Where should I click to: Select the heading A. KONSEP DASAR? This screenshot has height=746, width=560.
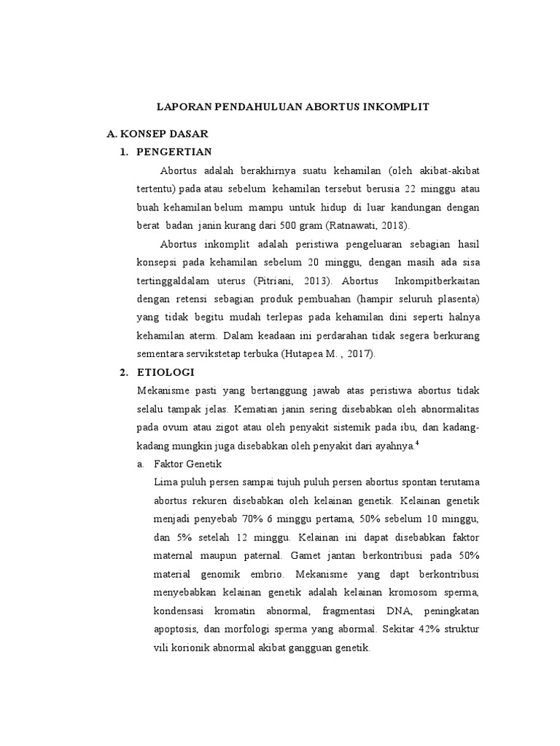tap(157, 134)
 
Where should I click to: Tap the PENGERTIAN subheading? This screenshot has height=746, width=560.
tap(174, 152)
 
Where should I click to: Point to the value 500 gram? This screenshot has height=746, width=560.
tap(305, 225)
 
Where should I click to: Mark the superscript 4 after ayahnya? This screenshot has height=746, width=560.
tap(417, 442)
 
